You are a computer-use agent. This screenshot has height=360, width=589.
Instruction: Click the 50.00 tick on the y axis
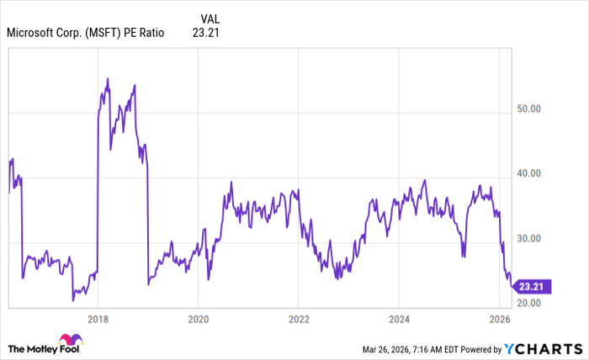pos(528,109)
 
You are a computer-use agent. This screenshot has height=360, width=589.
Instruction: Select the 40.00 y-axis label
pos(528,173)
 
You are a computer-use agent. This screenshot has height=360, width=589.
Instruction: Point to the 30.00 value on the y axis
pos(528,239)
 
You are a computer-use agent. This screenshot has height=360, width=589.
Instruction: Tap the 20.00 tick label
pos(528,302)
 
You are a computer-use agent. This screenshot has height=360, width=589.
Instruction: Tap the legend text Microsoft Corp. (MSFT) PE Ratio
pos(85,34)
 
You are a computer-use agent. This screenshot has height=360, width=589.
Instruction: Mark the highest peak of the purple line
pos(108,78)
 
